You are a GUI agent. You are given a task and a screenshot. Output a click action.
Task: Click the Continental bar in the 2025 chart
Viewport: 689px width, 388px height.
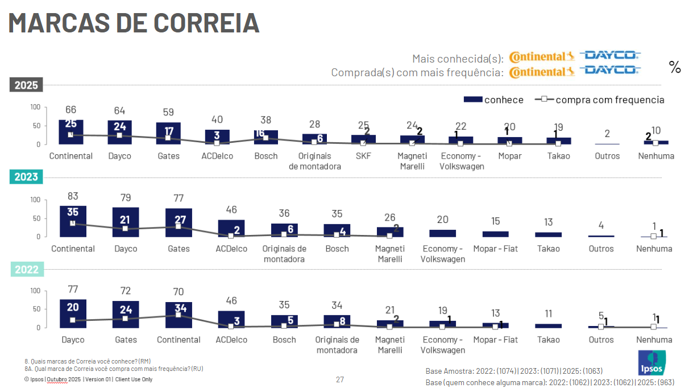[x=71, y=132]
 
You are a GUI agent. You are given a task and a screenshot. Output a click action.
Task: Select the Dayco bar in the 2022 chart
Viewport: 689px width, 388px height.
[x=73, y=313]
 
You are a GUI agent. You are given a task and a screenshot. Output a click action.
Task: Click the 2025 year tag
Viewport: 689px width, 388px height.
[x=26, y=85]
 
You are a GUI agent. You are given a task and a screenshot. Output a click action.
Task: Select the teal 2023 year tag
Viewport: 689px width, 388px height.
[x=26, y=177]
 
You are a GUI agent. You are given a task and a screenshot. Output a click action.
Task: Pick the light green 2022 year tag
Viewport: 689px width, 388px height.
[x=26, y=270]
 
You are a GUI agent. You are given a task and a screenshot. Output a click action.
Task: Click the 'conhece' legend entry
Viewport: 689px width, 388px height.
[x=493, y=100]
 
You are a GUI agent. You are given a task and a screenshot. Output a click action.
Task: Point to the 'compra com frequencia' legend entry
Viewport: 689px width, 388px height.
[x=600, y=100]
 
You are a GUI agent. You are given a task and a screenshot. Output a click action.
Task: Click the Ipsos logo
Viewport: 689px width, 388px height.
[x=651, y=363]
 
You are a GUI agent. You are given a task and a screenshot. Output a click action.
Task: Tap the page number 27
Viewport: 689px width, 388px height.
[x=340, y=379]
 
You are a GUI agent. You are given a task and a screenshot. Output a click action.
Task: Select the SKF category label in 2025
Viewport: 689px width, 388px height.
[x=363, y=156]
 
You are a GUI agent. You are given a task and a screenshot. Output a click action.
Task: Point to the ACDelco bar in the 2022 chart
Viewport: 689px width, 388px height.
[x=231, y=319]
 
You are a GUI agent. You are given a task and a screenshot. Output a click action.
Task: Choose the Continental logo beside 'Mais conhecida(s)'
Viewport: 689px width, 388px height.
[x=542, y=57]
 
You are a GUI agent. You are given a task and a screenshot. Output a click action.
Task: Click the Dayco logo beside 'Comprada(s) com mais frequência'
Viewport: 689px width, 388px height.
[x=610, y=71]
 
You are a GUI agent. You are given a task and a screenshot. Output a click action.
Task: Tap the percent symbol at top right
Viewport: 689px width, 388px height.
[x=675, y=68]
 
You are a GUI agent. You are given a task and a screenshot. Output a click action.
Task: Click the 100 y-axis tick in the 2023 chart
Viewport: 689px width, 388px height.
[x=35, y=200]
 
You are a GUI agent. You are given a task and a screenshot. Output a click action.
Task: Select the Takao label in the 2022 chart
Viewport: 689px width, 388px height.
[x=548, y=340]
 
